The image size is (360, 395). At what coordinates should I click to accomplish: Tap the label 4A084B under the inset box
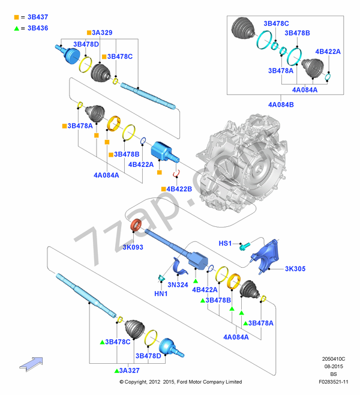click(x=281, y=104)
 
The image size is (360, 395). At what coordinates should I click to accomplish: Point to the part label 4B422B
click(x=179, y=189)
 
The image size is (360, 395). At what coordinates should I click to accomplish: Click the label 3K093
click(x=133, y=247)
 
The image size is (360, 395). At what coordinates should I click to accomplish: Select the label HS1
click(x=225, y=244)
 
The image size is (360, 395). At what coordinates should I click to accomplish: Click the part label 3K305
click(x=295, y=268)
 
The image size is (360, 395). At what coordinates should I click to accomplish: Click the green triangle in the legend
click(x=17, y=28)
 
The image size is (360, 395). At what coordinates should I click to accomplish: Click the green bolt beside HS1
click(x=243, y=246)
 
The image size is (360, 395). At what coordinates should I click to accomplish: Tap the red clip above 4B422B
click(x=177, y=174)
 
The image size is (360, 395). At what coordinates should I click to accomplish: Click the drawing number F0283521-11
click(x=335, y=381)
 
